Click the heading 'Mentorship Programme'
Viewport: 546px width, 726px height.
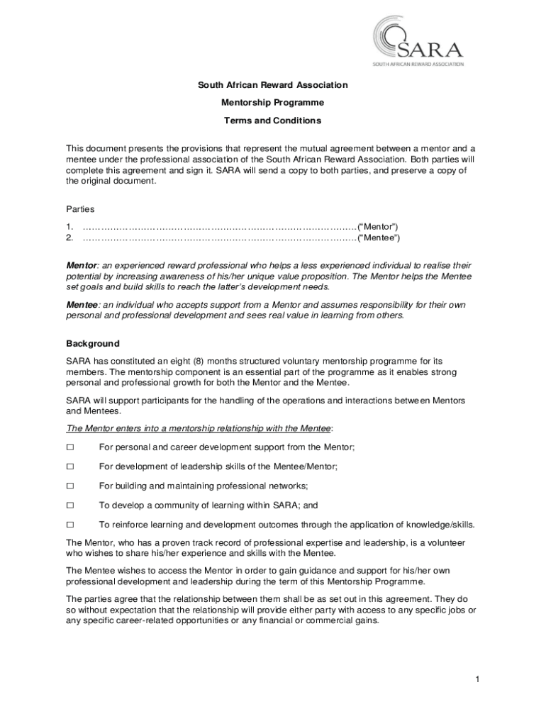point(272,103)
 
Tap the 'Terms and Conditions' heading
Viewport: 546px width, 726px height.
point(272,121)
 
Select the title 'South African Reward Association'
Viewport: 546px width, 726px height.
point(272,85)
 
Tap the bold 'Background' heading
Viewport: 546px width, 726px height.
point(93,344)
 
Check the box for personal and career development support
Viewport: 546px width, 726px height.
point(70,447)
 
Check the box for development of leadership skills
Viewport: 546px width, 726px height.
point(70,467)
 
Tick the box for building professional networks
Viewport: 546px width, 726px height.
point(70,486)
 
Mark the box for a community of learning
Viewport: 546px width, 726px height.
point(70,506)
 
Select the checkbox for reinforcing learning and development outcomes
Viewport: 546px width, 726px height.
point(70,525)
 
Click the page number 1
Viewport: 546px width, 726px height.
point(478,680)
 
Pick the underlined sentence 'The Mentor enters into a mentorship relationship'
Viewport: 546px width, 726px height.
point(199,428)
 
